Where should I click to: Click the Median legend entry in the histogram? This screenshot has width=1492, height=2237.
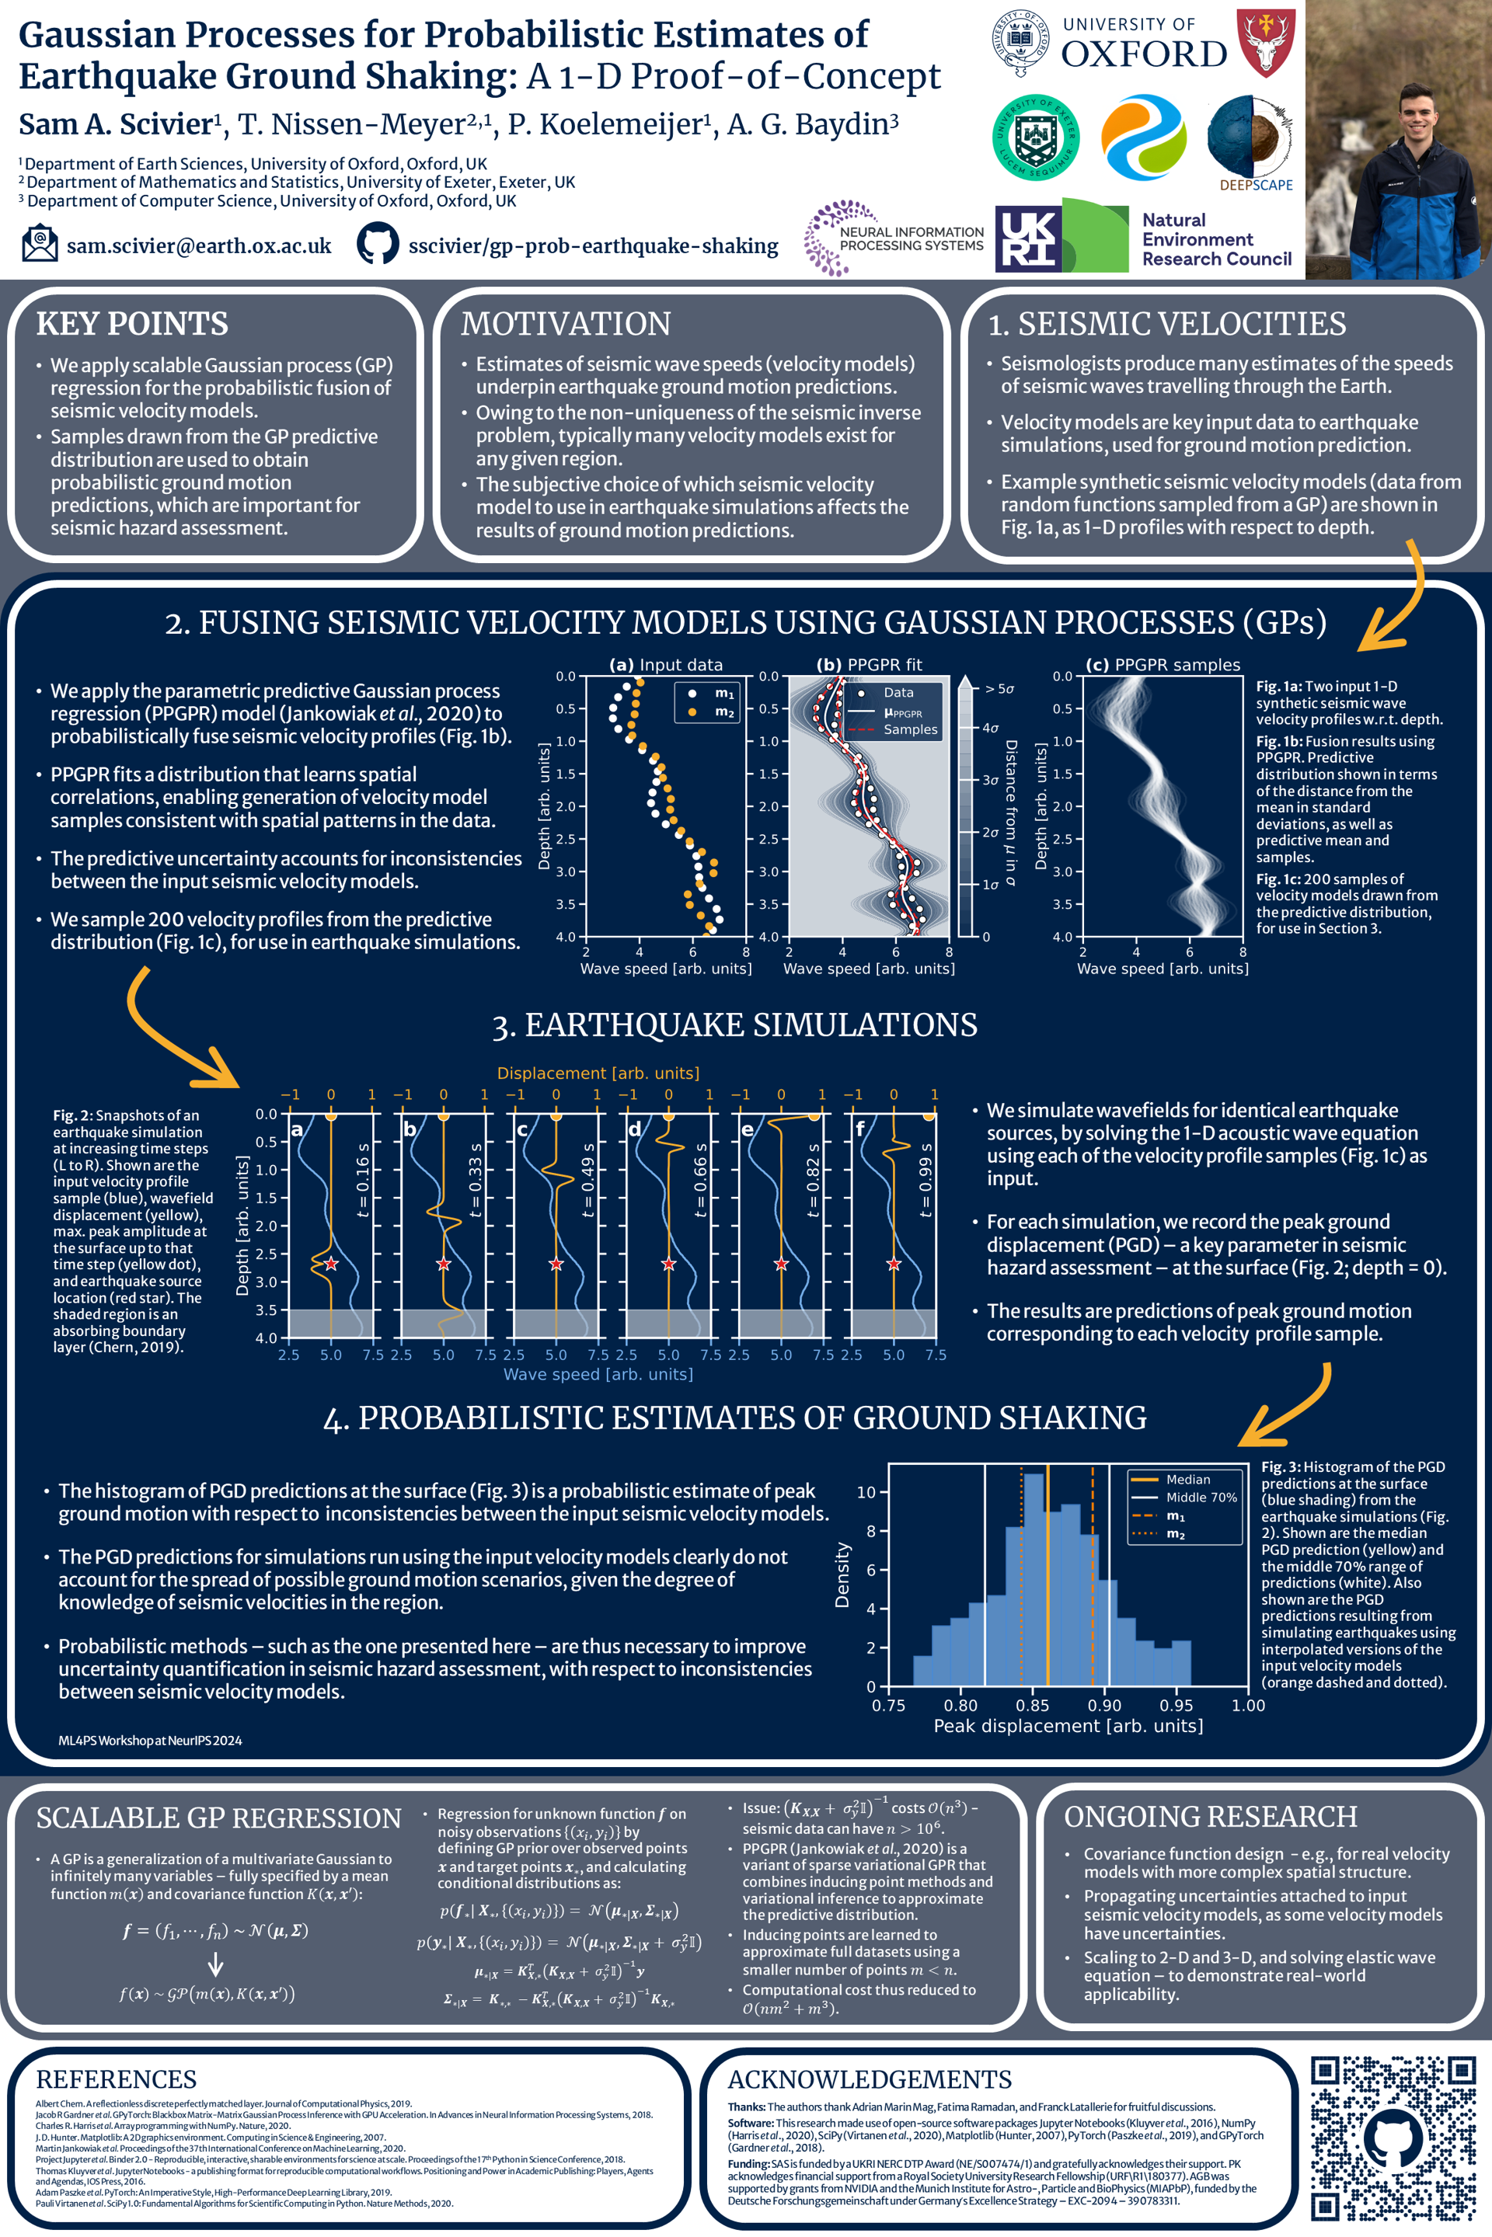tap(1187, 1479)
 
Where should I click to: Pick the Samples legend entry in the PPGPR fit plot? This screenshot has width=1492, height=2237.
tap(910, 729)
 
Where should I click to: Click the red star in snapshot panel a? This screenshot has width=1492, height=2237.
tap(330, 1264)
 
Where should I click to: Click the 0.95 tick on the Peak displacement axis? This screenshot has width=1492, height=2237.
tap(1176, 1706)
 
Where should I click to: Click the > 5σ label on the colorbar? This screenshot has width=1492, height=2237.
tap(999, 689)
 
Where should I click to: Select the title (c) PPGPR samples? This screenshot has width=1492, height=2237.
tap(1162, 665)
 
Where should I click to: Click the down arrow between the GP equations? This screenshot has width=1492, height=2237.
tap(216, 1965)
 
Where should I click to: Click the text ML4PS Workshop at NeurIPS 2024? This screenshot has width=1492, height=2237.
tap(150, 1741)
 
